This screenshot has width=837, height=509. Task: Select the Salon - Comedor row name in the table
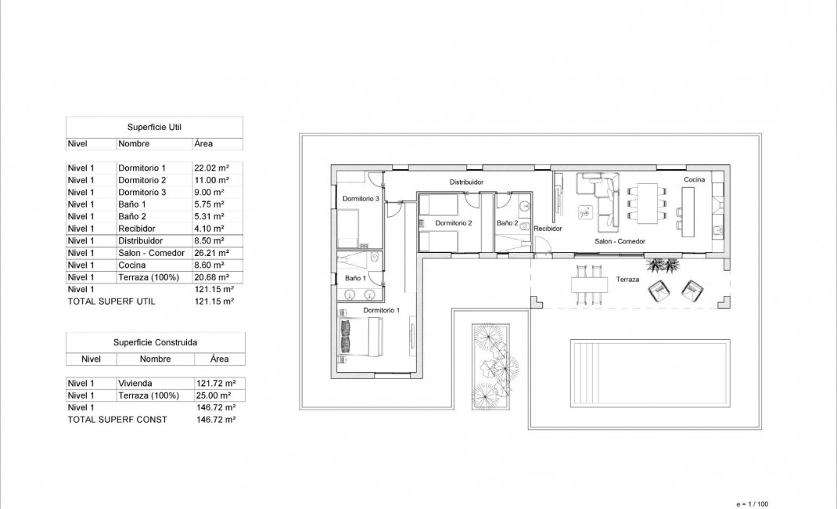click(x=151, y=253)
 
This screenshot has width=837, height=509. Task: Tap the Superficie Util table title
click(x=154, y=126)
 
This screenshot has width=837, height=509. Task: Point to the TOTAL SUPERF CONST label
click(x=117, y=420)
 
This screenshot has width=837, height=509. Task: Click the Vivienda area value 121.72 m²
click(x=217, y=384)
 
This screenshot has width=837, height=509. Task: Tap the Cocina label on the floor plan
click(x=694, y=180)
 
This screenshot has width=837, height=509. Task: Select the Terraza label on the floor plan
click(x=628, y=280)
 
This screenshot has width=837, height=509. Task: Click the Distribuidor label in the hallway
click(x=465, y=182)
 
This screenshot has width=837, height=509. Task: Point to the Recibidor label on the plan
click(x=548, y=229)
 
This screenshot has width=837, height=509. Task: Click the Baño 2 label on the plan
click(x=507, y=223)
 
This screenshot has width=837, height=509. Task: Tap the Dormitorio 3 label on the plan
click(x=361, y=199)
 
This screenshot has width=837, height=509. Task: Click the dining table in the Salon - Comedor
click(x=648, y=204)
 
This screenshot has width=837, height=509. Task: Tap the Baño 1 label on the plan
click(x=354, y=278)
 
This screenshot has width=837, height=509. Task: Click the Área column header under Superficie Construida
click(x=219, y=359)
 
